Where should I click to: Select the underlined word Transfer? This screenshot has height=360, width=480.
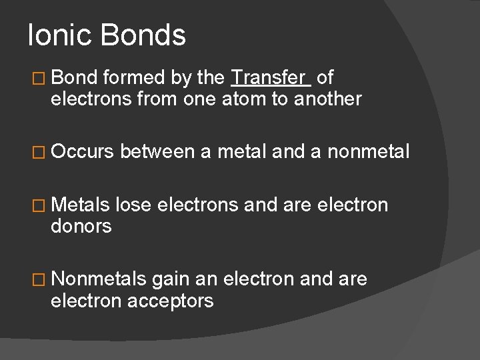(270, 78)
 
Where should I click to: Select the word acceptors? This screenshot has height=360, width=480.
(172, 301)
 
